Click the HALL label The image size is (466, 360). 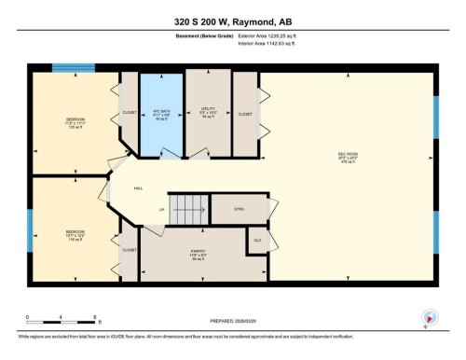coord(137,187)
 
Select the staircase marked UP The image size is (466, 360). coord(185,207)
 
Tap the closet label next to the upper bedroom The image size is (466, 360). coord(129,113)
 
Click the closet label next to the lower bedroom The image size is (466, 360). coord(129,249)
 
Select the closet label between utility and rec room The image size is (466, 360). coord(245,114)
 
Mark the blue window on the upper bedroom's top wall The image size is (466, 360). coord(67,68)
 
